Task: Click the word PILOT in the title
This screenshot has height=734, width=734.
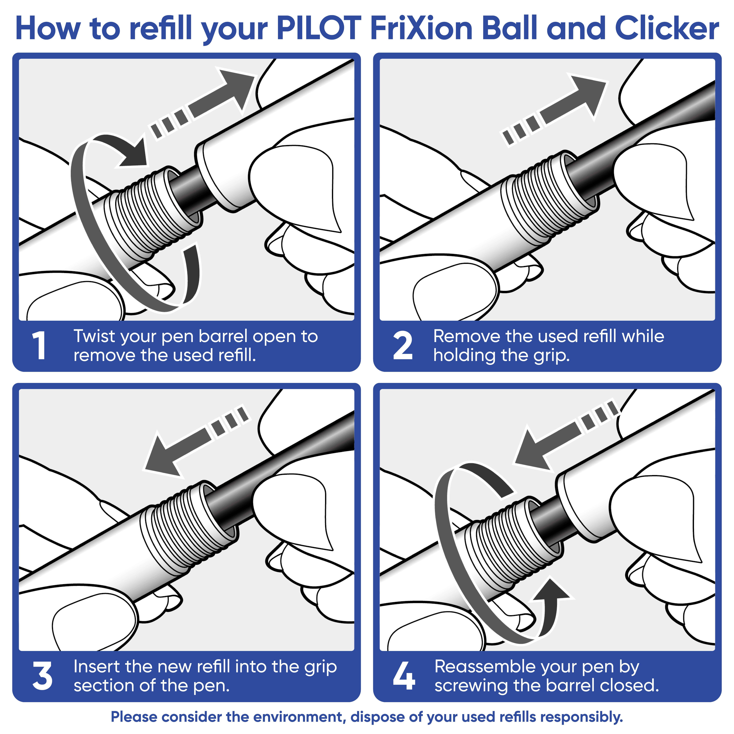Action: point(318,29)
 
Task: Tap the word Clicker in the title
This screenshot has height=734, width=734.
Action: point(667,29)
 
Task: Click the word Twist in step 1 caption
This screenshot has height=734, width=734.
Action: point(94,336)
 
